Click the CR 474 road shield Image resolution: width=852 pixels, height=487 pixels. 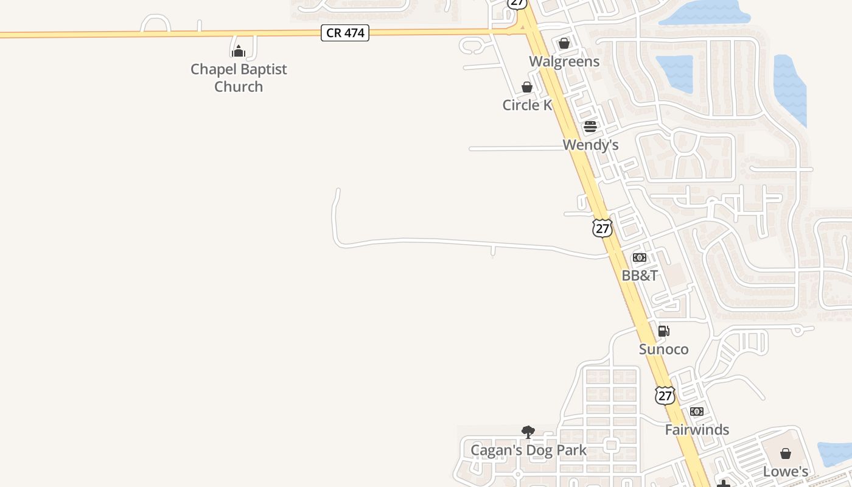tap(345, 33)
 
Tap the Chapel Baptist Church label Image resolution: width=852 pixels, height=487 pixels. tap(239, 78)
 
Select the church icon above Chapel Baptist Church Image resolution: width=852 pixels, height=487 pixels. tap(239, 51)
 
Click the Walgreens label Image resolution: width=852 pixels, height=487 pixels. tap(564, 61)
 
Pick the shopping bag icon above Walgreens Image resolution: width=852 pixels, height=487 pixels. tap(564, 43)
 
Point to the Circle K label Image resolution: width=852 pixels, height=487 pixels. tap(527, 105)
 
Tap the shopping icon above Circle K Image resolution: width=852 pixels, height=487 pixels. tap(527, 87)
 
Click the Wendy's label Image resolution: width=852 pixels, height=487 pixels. tap(590, 145)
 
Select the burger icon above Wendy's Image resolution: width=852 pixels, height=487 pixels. tap(590, 127)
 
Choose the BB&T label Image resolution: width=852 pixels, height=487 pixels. tap(640, 276)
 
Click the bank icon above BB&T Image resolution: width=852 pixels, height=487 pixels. tap(640, 258)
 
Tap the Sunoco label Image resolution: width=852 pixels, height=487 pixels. tap(664, 349)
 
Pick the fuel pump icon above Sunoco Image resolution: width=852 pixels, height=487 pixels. tap(664, 331)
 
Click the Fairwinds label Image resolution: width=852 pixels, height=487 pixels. tap(697, 430)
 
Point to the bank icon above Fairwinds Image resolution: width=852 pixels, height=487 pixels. tap(697, 412)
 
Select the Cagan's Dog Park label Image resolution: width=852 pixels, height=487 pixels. tap(528, 450)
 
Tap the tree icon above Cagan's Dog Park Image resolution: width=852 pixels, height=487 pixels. tap(528, 432)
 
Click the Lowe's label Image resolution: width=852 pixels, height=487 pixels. tap(786, 472)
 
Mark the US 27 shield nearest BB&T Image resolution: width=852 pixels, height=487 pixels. tap(602, 228)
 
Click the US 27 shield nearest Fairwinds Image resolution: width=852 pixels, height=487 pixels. tap(665, 396)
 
